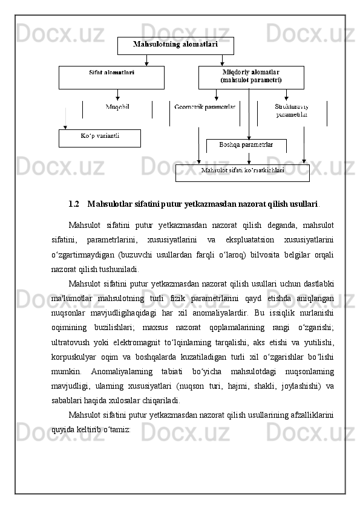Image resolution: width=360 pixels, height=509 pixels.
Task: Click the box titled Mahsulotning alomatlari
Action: (175, 45)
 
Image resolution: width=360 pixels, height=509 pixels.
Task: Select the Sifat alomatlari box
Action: (111, 77)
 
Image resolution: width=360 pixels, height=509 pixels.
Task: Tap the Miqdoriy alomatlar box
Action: (250, 77)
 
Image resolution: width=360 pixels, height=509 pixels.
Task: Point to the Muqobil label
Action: (117, 107)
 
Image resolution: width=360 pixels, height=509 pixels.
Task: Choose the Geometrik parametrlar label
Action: (205, 107)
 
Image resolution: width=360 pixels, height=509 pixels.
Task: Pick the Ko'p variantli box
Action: (99, 137)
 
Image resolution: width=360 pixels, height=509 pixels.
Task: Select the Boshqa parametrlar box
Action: (246, 145)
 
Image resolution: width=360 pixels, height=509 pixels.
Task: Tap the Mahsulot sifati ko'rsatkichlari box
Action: (242, 172)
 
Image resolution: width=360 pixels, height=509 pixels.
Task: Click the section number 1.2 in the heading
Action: (74, 203)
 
